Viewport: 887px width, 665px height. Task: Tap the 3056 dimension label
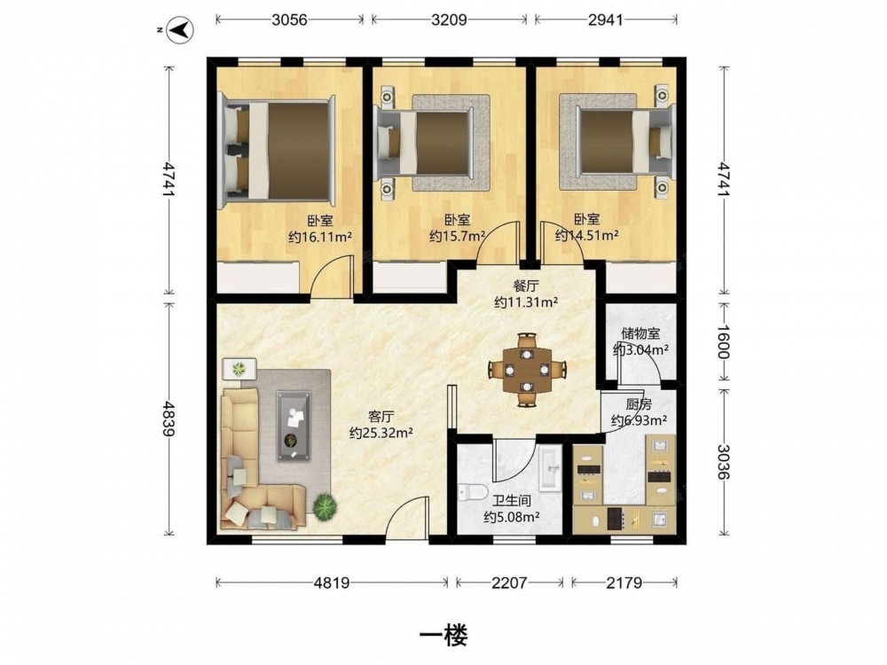point(289,20)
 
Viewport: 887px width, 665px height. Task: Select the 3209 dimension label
point(449,20)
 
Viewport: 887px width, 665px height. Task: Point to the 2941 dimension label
point(605,20)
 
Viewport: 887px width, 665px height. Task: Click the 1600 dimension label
point(724,341)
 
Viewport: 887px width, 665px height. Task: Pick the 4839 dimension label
point(168,419)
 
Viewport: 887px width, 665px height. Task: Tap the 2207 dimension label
point(509,583)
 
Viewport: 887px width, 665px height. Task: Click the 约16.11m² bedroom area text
point(320,237)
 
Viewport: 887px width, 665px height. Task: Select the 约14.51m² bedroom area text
point(586,235)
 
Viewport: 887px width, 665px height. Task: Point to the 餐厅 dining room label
point(525,286)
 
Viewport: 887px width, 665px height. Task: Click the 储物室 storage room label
point(640,333)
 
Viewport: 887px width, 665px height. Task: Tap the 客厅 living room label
point(381,418)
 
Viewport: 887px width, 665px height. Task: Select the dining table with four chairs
point(527,371)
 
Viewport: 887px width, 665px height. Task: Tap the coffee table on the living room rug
point(293,425)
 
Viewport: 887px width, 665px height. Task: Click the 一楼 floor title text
point(443,636)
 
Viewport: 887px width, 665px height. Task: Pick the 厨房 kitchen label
point(639,405)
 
